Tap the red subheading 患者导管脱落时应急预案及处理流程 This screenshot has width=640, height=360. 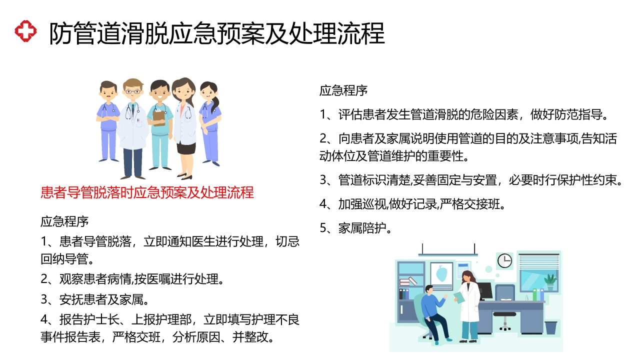(147, 192)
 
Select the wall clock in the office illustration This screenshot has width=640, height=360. (504, 260)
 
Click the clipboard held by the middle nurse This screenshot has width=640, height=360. (159, 118)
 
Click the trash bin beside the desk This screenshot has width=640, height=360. (550, 327)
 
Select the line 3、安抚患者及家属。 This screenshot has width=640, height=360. (95, 299)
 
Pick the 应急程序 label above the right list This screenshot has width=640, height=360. (343, 90)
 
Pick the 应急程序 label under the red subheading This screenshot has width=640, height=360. (64, 221)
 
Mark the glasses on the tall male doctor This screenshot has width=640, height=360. (132, 91)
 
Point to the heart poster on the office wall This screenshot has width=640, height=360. (441, 274)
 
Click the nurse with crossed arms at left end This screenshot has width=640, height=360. (108, 122)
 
